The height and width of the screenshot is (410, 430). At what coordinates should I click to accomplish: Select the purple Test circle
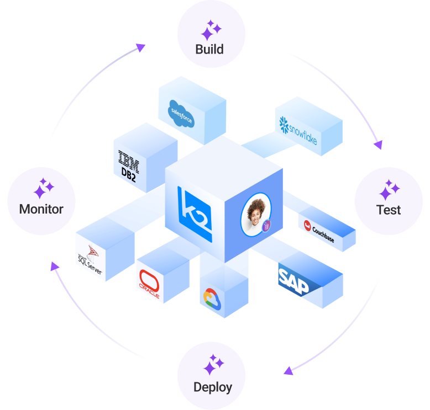tap(388, 201)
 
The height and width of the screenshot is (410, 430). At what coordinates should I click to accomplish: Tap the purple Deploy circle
tap(212, 376)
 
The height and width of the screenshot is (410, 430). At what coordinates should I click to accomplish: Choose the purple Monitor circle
tap(41, 201)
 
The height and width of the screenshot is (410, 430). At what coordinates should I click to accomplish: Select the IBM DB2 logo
tap(128, 162)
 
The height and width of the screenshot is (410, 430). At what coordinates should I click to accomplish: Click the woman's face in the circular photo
tap(256, 212)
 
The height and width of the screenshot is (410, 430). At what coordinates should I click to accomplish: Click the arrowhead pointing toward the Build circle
tap(140, 47)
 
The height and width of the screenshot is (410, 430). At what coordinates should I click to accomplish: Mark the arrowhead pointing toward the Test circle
tap(377, 145)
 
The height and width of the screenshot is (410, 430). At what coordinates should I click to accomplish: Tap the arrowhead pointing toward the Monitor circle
tap(54, 267)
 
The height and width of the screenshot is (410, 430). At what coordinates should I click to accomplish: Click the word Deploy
tap(212, 387)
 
